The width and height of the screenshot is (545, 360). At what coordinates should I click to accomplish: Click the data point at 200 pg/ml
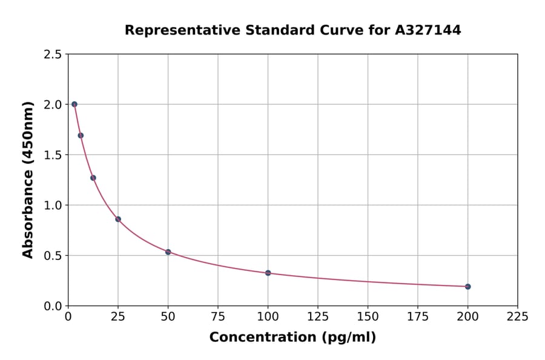pos(467,287)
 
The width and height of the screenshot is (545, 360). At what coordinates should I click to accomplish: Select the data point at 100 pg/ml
pos(268,273)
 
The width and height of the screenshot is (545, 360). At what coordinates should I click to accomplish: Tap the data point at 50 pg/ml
pos(168,252)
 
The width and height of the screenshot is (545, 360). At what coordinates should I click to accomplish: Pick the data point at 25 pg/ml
pos(118,219)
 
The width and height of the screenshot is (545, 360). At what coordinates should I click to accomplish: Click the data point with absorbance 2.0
pos(74,104)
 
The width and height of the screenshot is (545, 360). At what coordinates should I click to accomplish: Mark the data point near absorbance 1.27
pos(93,178)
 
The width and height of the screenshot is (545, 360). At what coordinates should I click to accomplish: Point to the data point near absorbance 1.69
pos(81,135)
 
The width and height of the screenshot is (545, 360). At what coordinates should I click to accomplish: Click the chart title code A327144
pos(428,30)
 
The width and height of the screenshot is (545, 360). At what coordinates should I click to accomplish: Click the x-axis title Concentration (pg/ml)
pos(292,338)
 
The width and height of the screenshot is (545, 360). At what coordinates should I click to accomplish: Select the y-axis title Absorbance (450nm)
pos(28,179)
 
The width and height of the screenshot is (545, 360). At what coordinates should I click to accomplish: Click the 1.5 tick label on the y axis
pos(53,155)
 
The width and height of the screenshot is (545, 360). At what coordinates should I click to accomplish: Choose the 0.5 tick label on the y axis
pos(53,256)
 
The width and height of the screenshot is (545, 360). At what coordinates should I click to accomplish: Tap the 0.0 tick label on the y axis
pos(53,306)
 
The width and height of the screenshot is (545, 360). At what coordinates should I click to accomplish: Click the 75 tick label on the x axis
pos(218,316)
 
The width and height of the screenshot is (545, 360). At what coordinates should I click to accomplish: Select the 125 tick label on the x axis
pos(318,316)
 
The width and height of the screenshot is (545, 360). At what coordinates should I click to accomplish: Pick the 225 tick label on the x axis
pos(518,316)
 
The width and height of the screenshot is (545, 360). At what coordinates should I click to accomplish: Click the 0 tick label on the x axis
pos(68,316)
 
